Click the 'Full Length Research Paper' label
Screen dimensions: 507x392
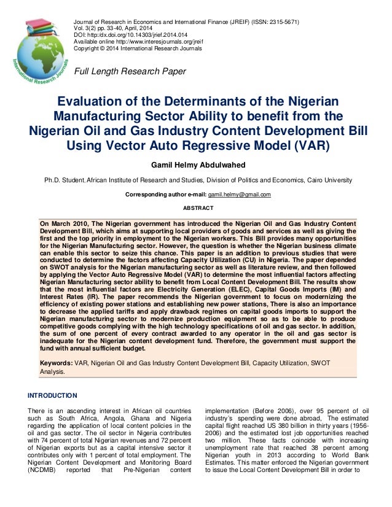point(130,72)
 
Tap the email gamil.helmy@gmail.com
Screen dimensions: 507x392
point(238,195)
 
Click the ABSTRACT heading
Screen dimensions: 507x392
point(196,207)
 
